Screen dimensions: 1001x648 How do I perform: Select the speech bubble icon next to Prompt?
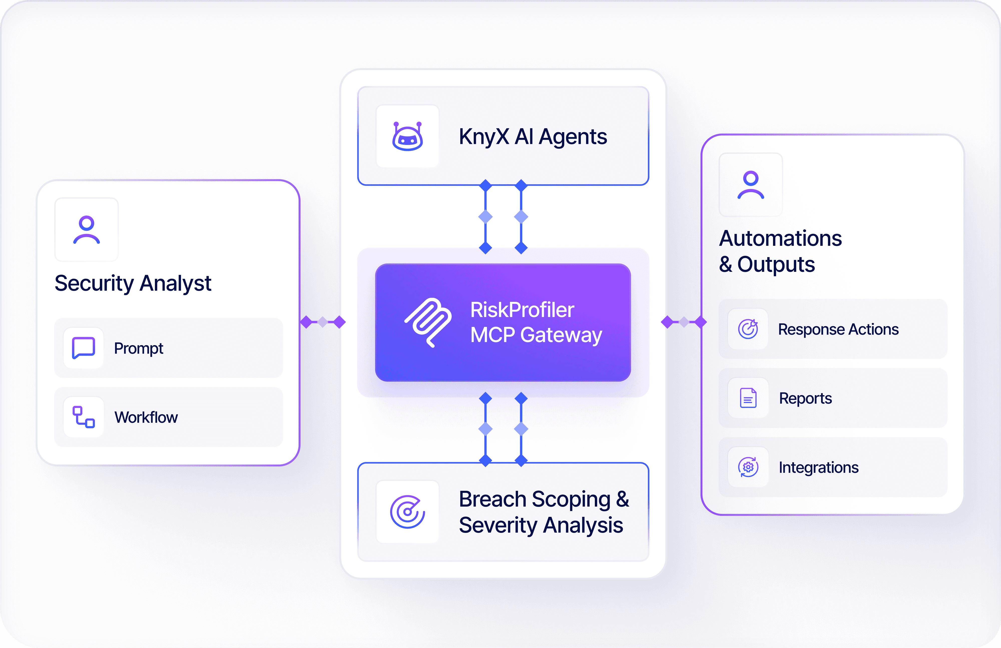coord(83,348)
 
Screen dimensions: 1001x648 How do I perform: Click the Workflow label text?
coord(146,417)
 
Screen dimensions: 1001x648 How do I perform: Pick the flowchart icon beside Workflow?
coord(83,417)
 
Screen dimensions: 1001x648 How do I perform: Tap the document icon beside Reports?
coord(748,398)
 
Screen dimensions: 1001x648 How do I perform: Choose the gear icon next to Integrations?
coord(748,467)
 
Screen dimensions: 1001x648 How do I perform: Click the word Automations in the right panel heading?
coord(781,238)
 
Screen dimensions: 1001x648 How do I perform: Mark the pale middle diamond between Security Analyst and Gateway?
coord(323,322)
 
